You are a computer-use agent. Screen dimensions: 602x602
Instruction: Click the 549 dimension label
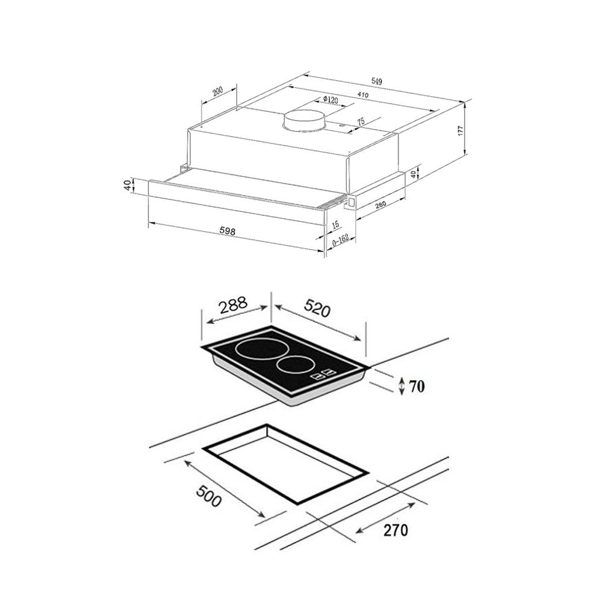tap(377, 81)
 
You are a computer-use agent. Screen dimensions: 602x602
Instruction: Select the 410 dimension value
tap(363, 95)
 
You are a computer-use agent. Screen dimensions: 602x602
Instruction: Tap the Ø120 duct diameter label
tap(330, 100)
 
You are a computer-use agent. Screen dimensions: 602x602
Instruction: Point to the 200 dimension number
tap(217, 92)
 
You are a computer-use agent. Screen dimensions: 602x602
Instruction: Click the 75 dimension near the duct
tap(361, 122)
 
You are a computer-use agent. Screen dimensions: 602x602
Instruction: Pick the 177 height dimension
tap(461, 131)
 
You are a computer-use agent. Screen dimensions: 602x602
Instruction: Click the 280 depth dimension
tap(380, 204)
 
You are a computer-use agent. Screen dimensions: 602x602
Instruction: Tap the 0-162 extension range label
tap(340, 240)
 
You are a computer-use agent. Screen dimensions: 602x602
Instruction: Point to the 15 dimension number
tap(335, 225)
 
